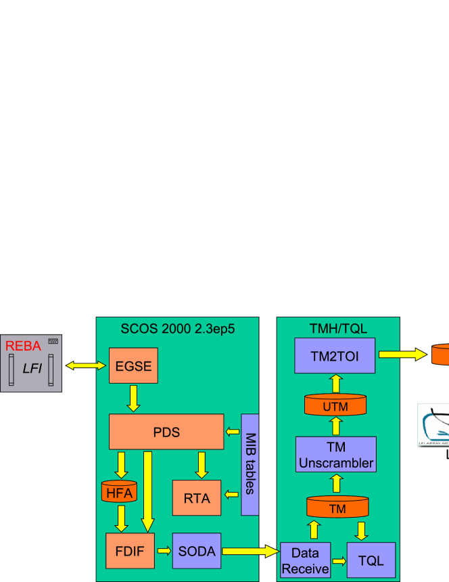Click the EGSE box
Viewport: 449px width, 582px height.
tap(133, 366)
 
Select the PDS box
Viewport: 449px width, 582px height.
tap(166, 431)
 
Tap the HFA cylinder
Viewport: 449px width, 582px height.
tap(120, 493)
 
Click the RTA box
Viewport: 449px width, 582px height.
tap(197, 499)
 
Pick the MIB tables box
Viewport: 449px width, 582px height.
tap(250, 464)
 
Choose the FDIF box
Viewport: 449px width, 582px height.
tap(130, 550)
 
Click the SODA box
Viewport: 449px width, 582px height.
tap(197, 551)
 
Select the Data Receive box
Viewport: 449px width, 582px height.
tap(305, 560)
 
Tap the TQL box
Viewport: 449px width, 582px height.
tap(371, 560)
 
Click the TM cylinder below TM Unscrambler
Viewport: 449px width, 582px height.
tap(337, 508)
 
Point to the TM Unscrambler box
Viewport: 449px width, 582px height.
tap(336, 455)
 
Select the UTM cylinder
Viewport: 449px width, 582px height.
tap(335, 406)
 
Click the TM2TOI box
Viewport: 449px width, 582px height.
tap(335, 355)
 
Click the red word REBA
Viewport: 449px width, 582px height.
tap(24, 346)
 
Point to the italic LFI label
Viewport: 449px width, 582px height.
tap(31, 368)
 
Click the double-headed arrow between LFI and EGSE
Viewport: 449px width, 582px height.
tap(87, 366)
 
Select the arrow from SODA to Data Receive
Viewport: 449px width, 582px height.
tap(250, 551)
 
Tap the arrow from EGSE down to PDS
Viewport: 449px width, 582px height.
tap(134, 398)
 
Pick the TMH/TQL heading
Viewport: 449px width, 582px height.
tap(338, 328)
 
